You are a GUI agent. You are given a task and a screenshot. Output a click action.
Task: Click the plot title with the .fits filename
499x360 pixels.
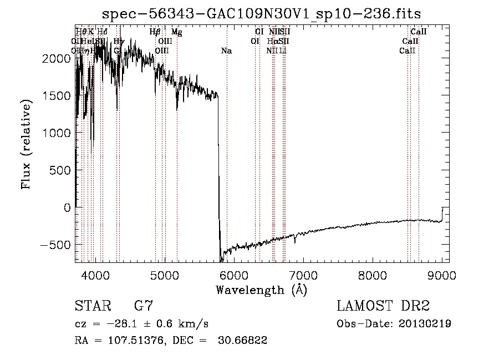pos(262,14)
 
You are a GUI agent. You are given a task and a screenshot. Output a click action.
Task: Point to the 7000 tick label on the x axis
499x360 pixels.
pos(303,275)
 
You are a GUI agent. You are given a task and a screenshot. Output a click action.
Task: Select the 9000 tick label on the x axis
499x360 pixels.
pos(442,275)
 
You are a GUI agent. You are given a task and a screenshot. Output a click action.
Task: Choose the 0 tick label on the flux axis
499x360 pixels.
pos(67,207)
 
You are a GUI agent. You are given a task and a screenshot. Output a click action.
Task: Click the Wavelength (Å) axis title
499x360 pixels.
pos(261,290)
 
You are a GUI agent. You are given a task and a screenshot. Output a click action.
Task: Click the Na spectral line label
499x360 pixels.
pos(226,51)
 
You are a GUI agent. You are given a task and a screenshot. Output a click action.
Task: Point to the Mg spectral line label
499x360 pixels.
pos(176,32)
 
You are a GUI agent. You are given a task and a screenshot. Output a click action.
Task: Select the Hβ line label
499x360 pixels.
pos(155,32)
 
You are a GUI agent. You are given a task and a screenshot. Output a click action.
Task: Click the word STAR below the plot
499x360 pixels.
pos(93,306)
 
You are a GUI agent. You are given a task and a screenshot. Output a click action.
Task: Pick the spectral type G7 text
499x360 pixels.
pos(144,306)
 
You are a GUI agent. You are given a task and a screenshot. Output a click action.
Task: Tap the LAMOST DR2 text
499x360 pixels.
pos(383,306)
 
